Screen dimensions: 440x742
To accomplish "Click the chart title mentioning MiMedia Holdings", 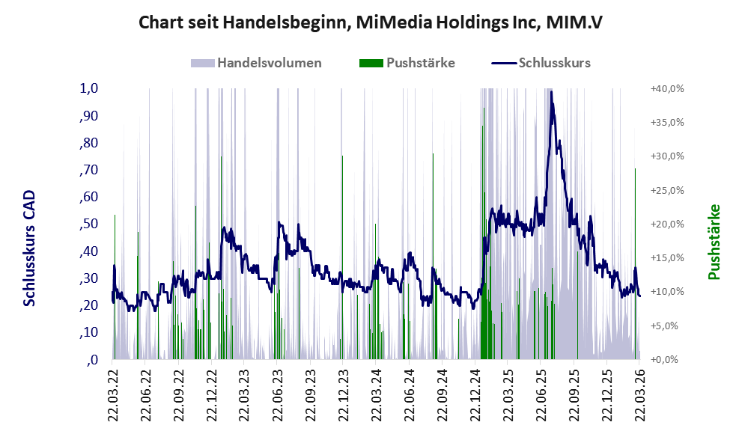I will point(371,23).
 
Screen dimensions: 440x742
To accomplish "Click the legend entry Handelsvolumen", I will point(270,63).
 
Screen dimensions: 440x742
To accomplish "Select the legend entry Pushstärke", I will point(420,63).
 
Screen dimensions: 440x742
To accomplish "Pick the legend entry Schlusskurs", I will point(554,63).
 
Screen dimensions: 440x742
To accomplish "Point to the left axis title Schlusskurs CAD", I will point(29,248).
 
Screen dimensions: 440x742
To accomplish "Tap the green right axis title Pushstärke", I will point(714,242).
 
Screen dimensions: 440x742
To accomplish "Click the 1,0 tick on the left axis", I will point(88,88).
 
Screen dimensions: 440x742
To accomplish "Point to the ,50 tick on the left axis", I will point(88,224).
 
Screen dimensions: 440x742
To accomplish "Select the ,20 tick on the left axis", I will point(88,305).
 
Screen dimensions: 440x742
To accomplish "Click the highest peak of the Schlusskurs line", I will point(552,93).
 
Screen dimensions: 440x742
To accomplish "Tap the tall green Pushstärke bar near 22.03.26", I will point(635,224).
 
